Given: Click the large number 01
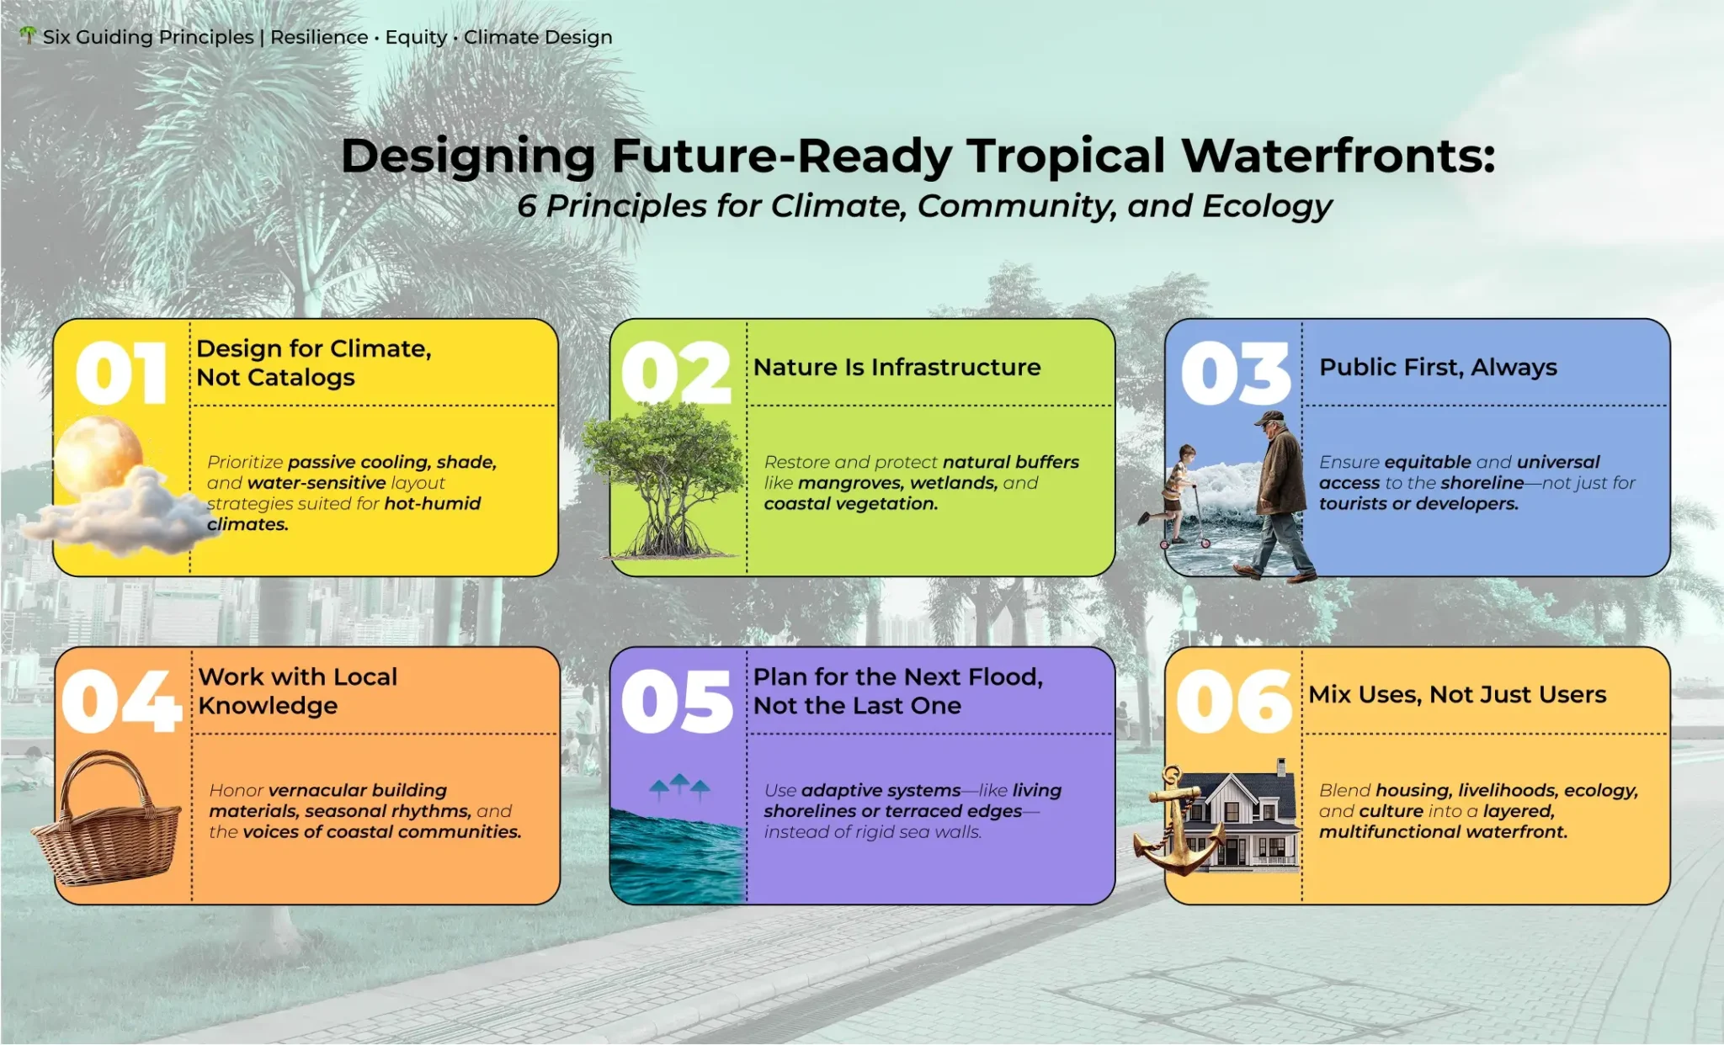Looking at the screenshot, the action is [121, 373].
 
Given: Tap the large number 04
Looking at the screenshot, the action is [121, 701].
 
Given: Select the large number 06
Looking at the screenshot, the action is [1234, 701].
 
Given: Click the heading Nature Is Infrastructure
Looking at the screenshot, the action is [897, 367].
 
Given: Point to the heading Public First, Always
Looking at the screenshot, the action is [1438, 368].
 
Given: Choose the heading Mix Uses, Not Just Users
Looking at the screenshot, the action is [1457, 694].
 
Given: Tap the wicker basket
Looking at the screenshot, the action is [107, 818].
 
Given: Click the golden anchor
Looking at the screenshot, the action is [1178, 820].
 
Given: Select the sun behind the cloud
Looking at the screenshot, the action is [98, 454].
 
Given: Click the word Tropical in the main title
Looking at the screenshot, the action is [1066, 156].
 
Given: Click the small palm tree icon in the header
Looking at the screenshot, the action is [29, 35].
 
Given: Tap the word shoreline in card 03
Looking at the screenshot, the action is [1481, 483].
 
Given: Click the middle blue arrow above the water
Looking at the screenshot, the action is [679, 783].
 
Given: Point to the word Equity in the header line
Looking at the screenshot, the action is [416, 38].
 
